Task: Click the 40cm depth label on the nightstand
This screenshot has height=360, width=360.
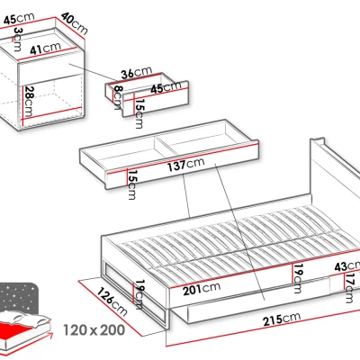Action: click(75, 23)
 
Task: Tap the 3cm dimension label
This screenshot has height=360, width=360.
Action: click(18, 39)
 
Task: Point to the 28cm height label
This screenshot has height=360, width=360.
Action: click(29, 102)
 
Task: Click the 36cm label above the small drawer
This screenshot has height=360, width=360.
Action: click(137, 72)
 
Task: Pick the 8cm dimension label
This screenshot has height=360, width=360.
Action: click(117, 97)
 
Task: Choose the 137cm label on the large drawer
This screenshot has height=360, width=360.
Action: click(185, 164)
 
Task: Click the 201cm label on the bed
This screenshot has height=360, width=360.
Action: click(202, 289)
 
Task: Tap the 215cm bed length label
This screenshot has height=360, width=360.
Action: click(282, 319)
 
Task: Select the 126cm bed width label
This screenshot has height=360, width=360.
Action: click(112, 301)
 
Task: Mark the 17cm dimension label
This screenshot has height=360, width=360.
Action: click(349, 288)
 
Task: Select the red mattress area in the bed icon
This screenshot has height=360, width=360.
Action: click(18, 331)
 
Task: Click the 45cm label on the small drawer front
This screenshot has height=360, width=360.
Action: click(166, 87)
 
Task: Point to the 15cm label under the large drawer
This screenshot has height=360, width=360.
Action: click(131, 184)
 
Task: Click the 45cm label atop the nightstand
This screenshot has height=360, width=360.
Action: click(19, 19)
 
